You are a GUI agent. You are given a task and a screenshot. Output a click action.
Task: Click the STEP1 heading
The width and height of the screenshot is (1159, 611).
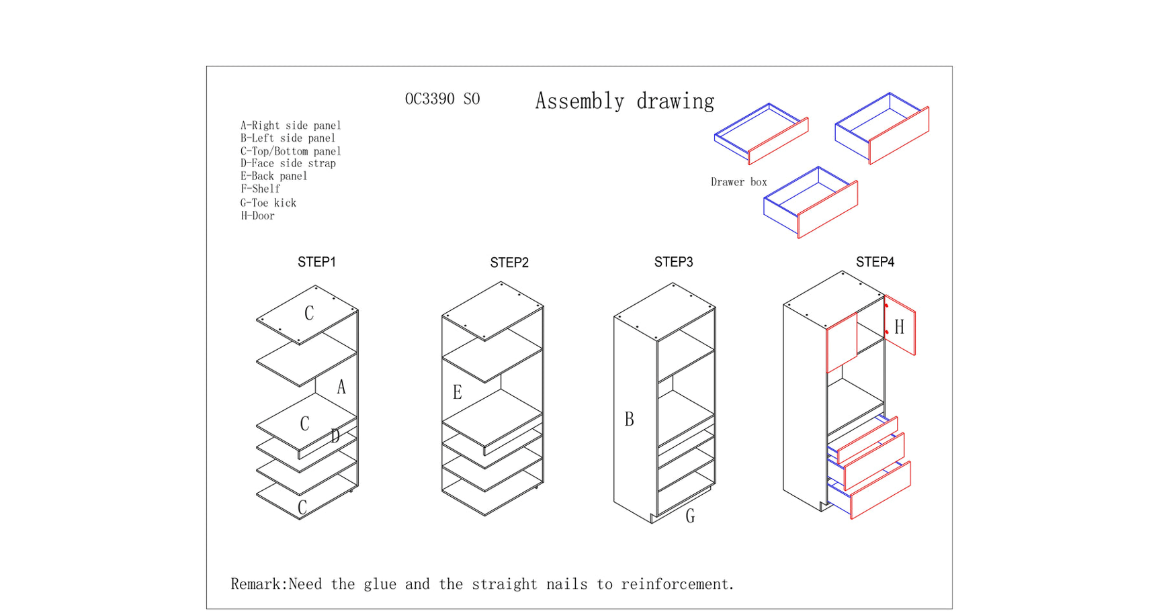pyautogui.click(x=316, y=262)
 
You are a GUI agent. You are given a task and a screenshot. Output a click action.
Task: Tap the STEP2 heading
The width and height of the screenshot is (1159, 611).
pyautogui.click(x=509, y=263)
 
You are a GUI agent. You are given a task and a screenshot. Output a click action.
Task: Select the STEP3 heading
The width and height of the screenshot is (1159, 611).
pyautogui.click(x=674, y=262)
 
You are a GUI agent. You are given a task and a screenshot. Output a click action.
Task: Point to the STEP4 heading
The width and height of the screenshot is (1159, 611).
pyautogui.click(x=875, y=262)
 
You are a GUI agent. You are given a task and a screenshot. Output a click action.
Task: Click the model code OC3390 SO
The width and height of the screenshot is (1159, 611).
pyautogui.click(x=442, y=99)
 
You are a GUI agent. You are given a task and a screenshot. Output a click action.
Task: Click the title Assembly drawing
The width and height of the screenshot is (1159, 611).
pyautogui.click(x=625, y=101)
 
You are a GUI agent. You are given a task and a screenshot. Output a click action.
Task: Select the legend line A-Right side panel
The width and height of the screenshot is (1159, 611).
pyautogui.click(x=291, y=126)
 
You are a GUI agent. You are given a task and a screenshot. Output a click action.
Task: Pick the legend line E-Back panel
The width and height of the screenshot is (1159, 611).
pyautogui.click(x=274, y=176)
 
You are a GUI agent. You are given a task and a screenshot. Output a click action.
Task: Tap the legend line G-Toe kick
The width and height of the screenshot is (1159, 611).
pyautogui.click(x=268, y=203)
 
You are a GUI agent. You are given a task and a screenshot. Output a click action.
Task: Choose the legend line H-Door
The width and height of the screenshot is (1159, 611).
pyautogui.click(x=258, y=216)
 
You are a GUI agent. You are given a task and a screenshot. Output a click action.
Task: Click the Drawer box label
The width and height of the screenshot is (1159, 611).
pyautogui.click(x=739, y=182)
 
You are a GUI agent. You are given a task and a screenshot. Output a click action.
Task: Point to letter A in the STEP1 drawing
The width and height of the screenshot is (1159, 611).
pyautogui.click(x=341, y=387)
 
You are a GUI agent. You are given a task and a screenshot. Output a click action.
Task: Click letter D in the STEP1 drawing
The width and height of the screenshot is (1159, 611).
pyautogui.click(x=335, y=436)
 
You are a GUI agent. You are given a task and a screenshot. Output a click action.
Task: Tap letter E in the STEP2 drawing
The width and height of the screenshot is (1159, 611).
pyautogui.click(x=458, y=393)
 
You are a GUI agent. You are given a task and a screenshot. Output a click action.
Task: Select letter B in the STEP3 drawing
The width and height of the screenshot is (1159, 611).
pyautogui.click(x=630, y=420)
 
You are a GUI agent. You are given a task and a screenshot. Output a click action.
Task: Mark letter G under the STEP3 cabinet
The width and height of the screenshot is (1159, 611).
pyautogui.click(x=690, y=516)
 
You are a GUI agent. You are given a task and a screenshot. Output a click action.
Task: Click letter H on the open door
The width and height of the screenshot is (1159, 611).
pyautogui.click(x=900, y=328)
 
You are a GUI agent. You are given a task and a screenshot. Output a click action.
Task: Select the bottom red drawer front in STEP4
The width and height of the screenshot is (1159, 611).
pyautogui.click(x=881, y=490)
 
